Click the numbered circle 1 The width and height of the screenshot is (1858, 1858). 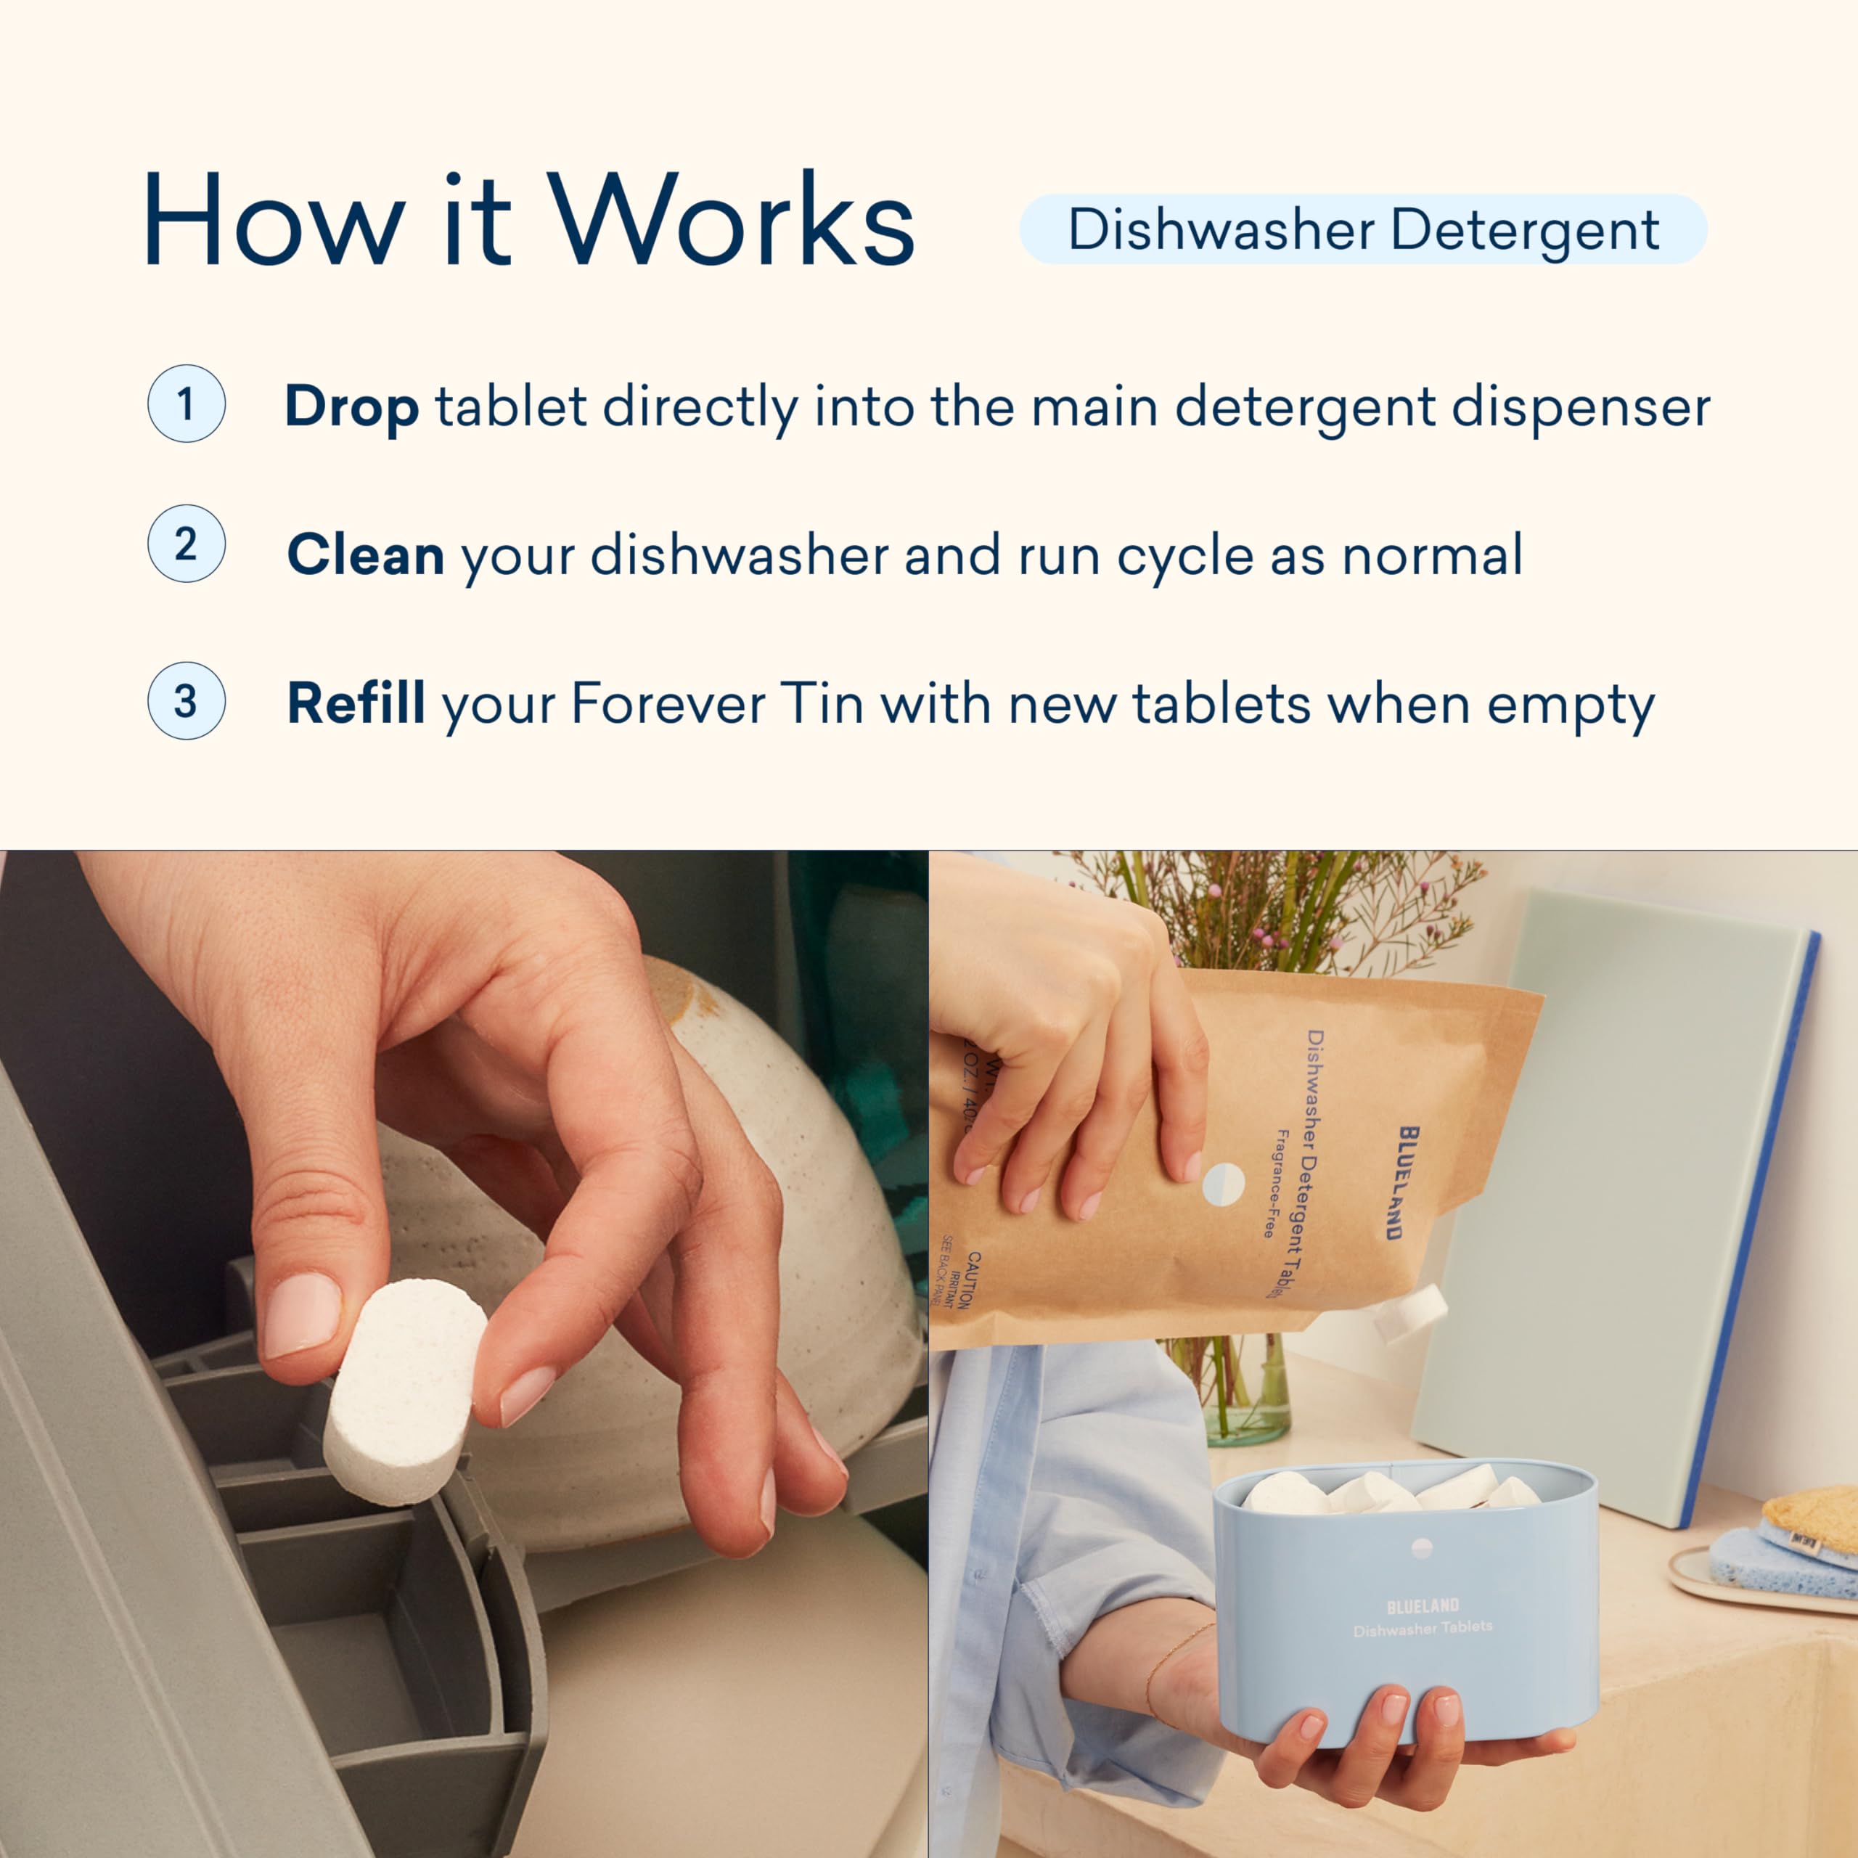(x=186, y=404)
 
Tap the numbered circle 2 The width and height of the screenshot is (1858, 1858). (x=186, y=544)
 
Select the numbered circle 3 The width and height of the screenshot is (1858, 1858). (x=186, y=700)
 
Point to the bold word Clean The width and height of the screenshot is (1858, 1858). (x=366, y=555)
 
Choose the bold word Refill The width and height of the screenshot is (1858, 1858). (x=356, y=703)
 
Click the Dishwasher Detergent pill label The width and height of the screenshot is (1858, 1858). (x=1363, y=230)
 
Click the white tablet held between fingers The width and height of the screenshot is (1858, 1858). (x=405, y=1391)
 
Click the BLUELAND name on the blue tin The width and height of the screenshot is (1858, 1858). (x=1423, y=1605)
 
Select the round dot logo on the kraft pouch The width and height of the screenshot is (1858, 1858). (x=1223, y=1184)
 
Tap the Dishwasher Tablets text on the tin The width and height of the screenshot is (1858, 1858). (x=1423, y=1628)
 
